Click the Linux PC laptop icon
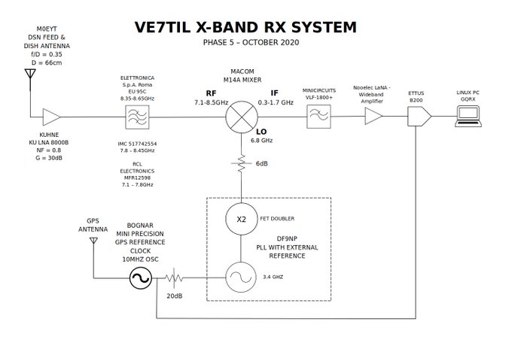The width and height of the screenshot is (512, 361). click(468, 116)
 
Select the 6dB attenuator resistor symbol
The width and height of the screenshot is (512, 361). click(241, 163)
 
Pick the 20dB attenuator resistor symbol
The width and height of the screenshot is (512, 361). click(174, 278)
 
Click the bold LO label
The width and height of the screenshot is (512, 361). click(261, 132)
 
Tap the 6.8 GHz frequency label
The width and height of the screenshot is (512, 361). click(261, 141)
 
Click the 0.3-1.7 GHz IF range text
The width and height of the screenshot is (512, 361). click(276, 102)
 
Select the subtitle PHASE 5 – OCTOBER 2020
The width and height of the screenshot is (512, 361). click(251, 42)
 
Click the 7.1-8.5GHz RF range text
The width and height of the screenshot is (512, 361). click(211, 102)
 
